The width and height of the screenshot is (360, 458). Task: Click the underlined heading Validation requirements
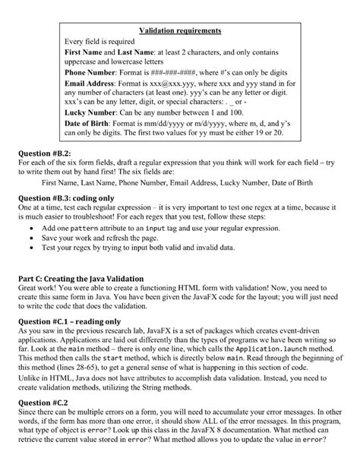point(180,31)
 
